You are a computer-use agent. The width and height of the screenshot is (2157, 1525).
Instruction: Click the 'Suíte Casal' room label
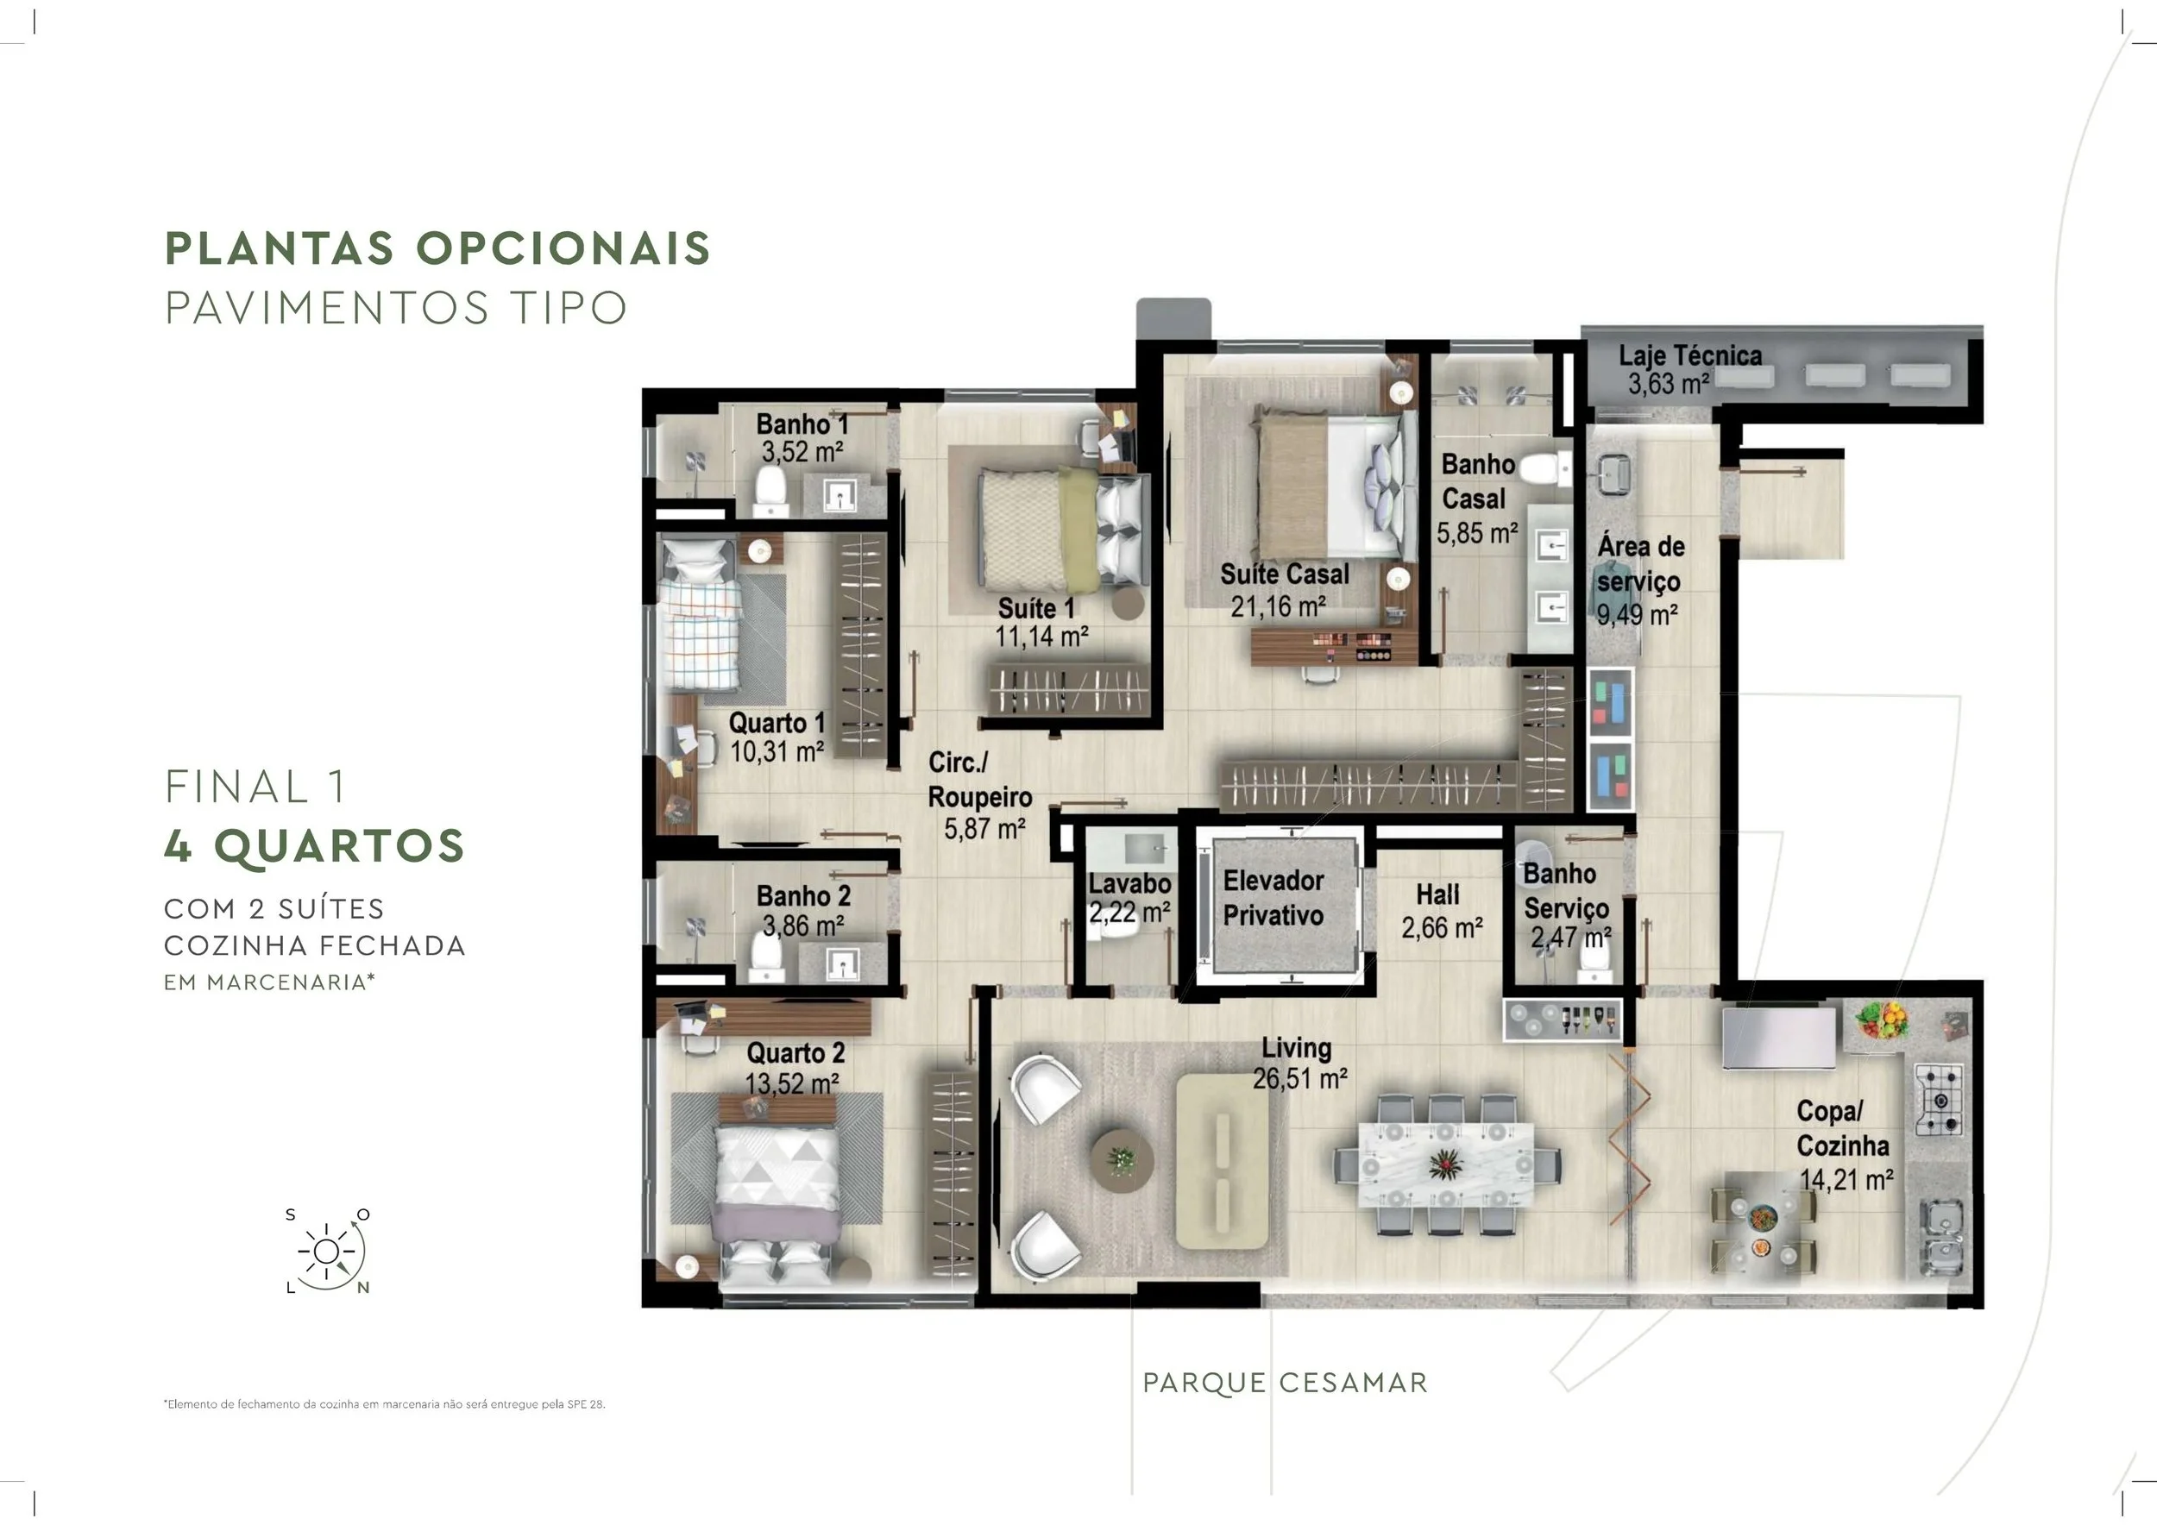click(1284, 574)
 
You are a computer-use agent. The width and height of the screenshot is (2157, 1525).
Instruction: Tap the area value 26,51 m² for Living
click(1300, 1078)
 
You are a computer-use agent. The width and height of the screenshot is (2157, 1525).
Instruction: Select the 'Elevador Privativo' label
click(1273, 898)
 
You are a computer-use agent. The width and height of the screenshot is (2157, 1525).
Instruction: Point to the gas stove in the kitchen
click(1939, 1098)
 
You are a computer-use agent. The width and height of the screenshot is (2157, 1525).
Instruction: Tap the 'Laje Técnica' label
click(1690, 355)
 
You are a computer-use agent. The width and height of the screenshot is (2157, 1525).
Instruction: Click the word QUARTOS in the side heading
click(340, 846)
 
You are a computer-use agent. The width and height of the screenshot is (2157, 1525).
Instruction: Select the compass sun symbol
click(326, 1251)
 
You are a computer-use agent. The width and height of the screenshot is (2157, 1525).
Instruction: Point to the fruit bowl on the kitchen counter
click(1883, 1020)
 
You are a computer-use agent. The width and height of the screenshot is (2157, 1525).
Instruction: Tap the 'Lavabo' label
click(1130, 883)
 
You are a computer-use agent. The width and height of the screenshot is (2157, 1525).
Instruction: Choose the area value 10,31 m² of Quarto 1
click(777, 751)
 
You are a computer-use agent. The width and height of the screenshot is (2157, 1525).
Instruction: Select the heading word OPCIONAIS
click(563, 248)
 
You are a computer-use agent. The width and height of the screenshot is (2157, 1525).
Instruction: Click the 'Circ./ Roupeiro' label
click(979, 780)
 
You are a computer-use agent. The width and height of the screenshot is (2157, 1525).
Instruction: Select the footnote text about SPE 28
click(384, 1404)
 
